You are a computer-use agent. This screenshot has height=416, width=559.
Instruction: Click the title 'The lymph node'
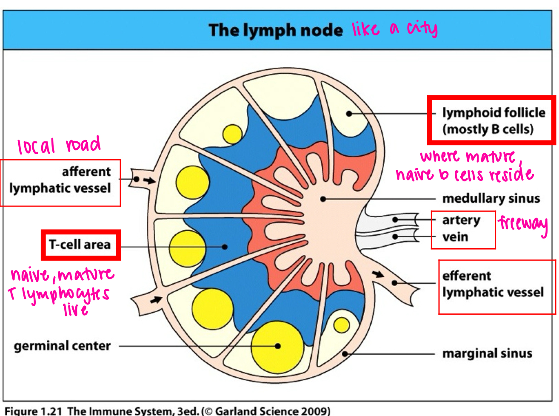[275, 31]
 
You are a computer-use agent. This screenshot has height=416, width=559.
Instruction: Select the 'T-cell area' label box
[80, 245]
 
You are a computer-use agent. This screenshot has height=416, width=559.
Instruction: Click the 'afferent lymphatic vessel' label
[60, 180]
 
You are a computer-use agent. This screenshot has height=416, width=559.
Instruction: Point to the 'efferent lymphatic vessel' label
[493, 284]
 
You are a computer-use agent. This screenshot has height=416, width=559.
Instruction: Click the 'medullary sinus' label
[491, 198]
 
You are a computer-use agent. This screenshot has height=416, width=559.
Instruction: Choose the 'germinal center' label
[62, 346]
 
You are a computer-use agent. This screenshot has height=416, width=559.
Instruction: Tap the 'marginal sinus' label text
[487, 353]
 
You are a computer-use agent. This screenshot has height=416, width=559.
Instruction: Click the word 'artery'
[461, 220]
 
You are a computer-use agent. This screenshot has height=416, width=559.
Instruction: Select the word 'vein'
[455, 237]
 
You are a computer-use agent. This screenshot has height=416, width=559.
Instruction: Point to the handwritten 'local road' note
[59, 146]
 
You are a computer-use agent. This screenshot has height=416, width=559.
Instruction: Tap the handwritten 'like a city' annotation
[394, 29]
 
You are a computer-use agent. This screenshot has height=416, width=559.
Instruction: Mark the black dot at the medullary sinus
[323, 199]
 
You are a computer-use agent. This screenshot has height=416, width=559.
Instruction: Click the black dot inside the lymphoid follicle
[349, 114]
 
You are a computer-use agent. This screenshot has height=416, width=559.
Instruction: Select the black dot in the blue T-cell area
[225, 247]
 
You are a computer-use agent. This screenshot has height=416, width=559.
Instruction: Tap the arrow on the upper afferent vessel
[149, 181]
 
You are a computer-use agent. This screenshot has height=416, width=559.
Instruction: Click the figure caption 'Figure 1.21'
[34, 411]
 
